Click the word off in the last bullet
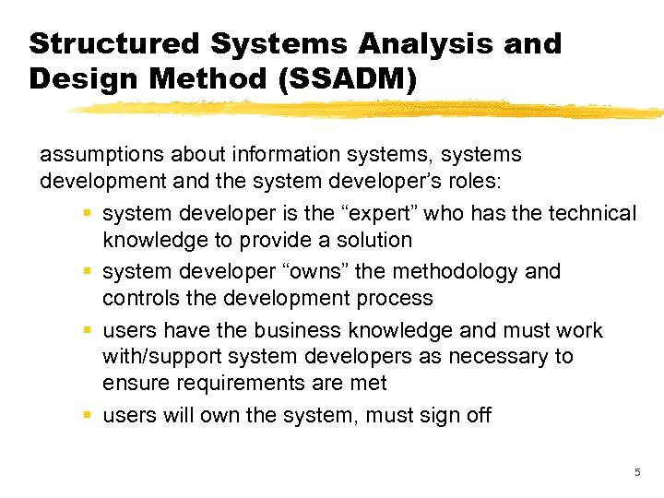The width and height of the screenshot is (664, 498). pos(480,415)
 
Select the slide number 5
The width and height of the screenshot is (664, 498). pos(635,473)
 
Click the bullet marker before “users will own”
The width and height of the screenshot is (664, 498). pos(86,415)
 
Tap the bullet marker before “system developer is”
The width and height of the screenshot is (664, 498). pos(86,214)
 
